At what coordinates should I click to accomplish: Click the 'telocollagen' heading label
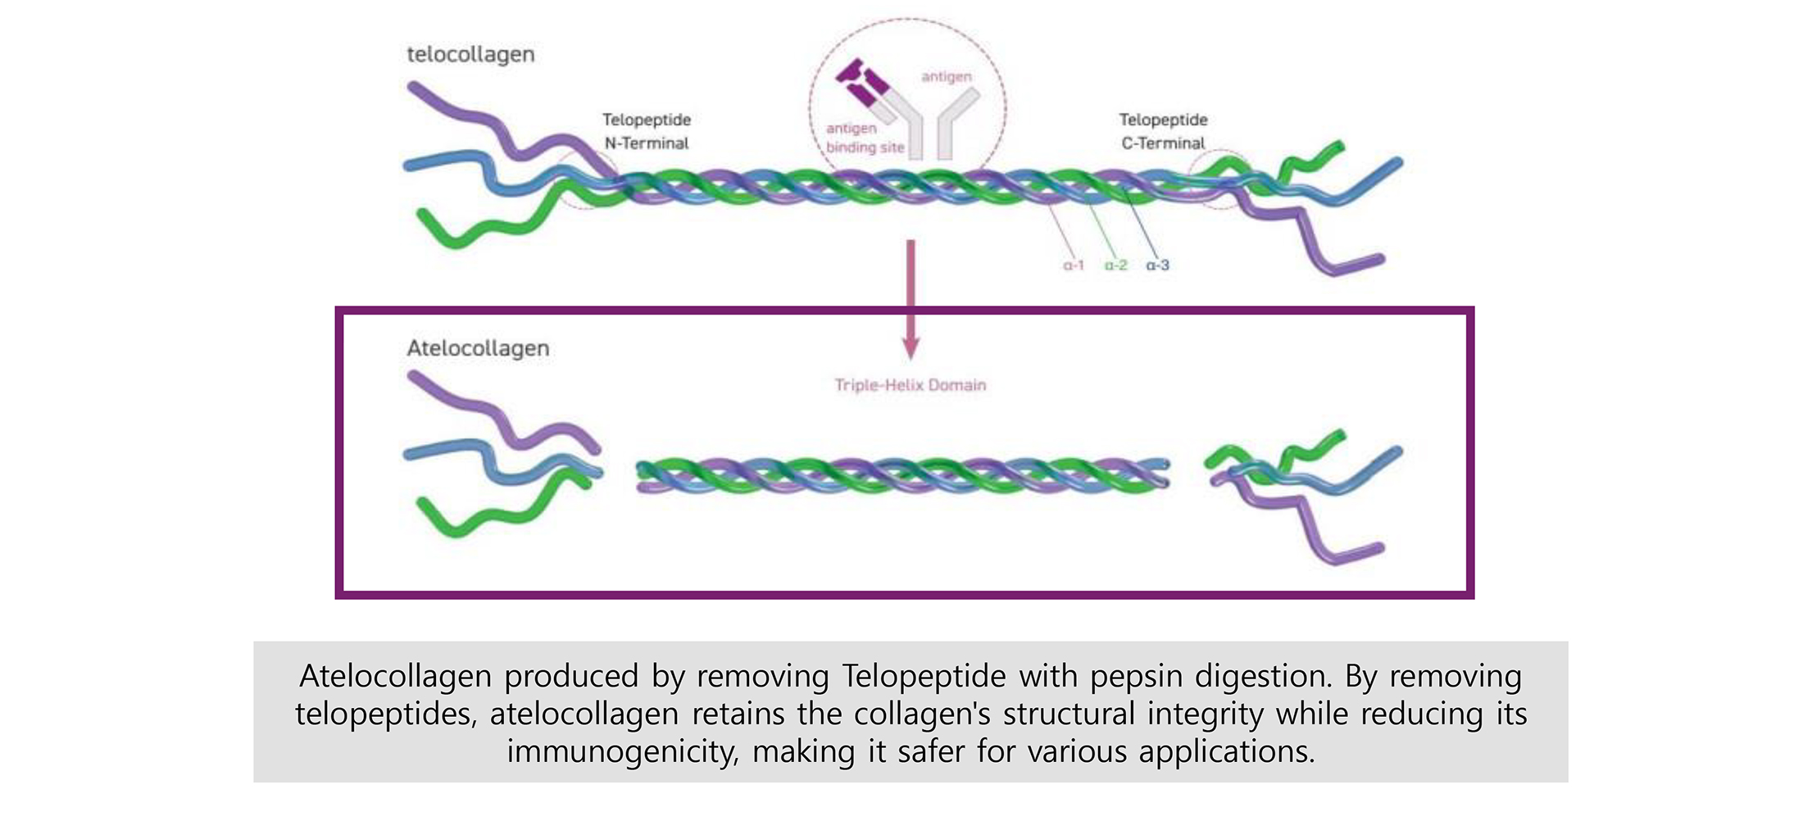pos(470,55)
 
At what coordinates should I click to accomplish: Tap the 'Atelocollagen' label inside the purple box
pos(478,348)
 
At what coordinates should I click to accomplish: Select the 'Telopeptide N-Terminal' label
pos(647,131)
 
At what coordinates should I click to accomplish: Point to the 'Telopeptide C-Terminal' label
pos(1163,131)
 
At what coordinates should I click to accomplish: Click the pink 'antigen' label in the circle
pos(947,77)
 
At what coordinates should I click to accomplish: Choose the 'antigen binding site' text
pos(865,138)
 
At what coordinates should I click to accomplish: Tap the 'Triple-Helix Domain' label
pos(910,385)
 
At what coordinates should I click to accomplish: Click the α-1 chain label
pos(1073,265)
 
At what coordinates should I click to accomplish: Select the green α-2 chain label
pos(1115,265)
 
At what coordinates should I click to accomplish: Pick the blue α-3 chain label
pos(1157,265)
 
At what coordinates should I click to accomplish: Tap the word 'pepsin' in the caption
pos(1136,677)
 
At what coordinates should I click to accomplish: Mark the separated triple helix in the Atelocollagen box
pos(901,476)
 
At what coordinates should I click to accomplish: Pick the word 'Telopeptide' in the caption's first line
pos(924,677)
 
